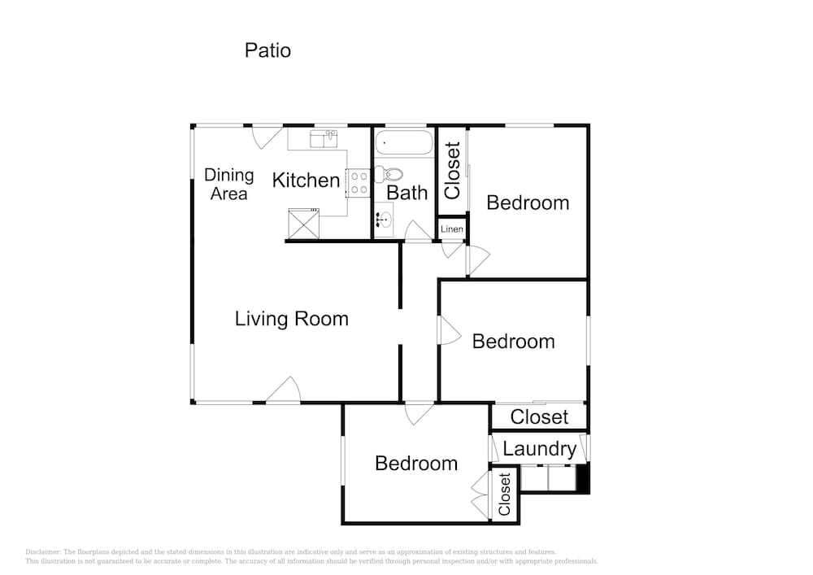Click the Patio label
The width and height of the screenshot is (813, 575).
(267, 50)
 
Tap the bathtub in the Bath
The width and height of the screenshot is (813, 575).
(404, 142)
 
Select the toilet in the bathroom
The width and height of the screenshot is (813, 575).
(389, 175)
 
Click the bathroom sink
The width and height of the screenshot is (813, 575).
(384, 220)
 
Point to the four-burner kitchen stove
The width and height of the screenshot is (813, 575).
(358, 184)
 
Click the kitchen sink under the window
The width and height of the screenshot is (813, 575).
(324, 139)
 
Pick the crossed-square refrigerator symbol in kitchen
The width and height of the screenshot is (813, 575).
(304, 224)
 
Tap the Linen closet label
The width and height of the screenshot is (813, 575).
(451, 229)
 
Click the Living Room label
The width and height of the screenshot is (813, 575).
(291, 318)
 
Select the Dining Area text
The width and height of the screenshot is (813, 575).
(228, 185)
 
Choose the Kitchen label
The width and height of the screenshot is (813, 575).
(306, 181)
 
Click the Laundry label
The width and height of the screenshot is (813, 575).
(539, 449)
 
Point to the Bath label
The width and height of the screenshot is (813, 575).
(407, 193)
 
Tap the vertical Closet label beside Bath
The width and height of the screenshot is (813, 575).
(453, 171)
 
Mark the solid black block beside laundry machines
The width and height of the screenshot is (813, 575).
(583, 478)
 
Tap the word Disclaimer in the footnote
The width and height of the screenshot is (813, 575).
(42, 552)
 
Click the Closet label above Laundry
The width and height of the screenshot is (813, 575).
(539, 417)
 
